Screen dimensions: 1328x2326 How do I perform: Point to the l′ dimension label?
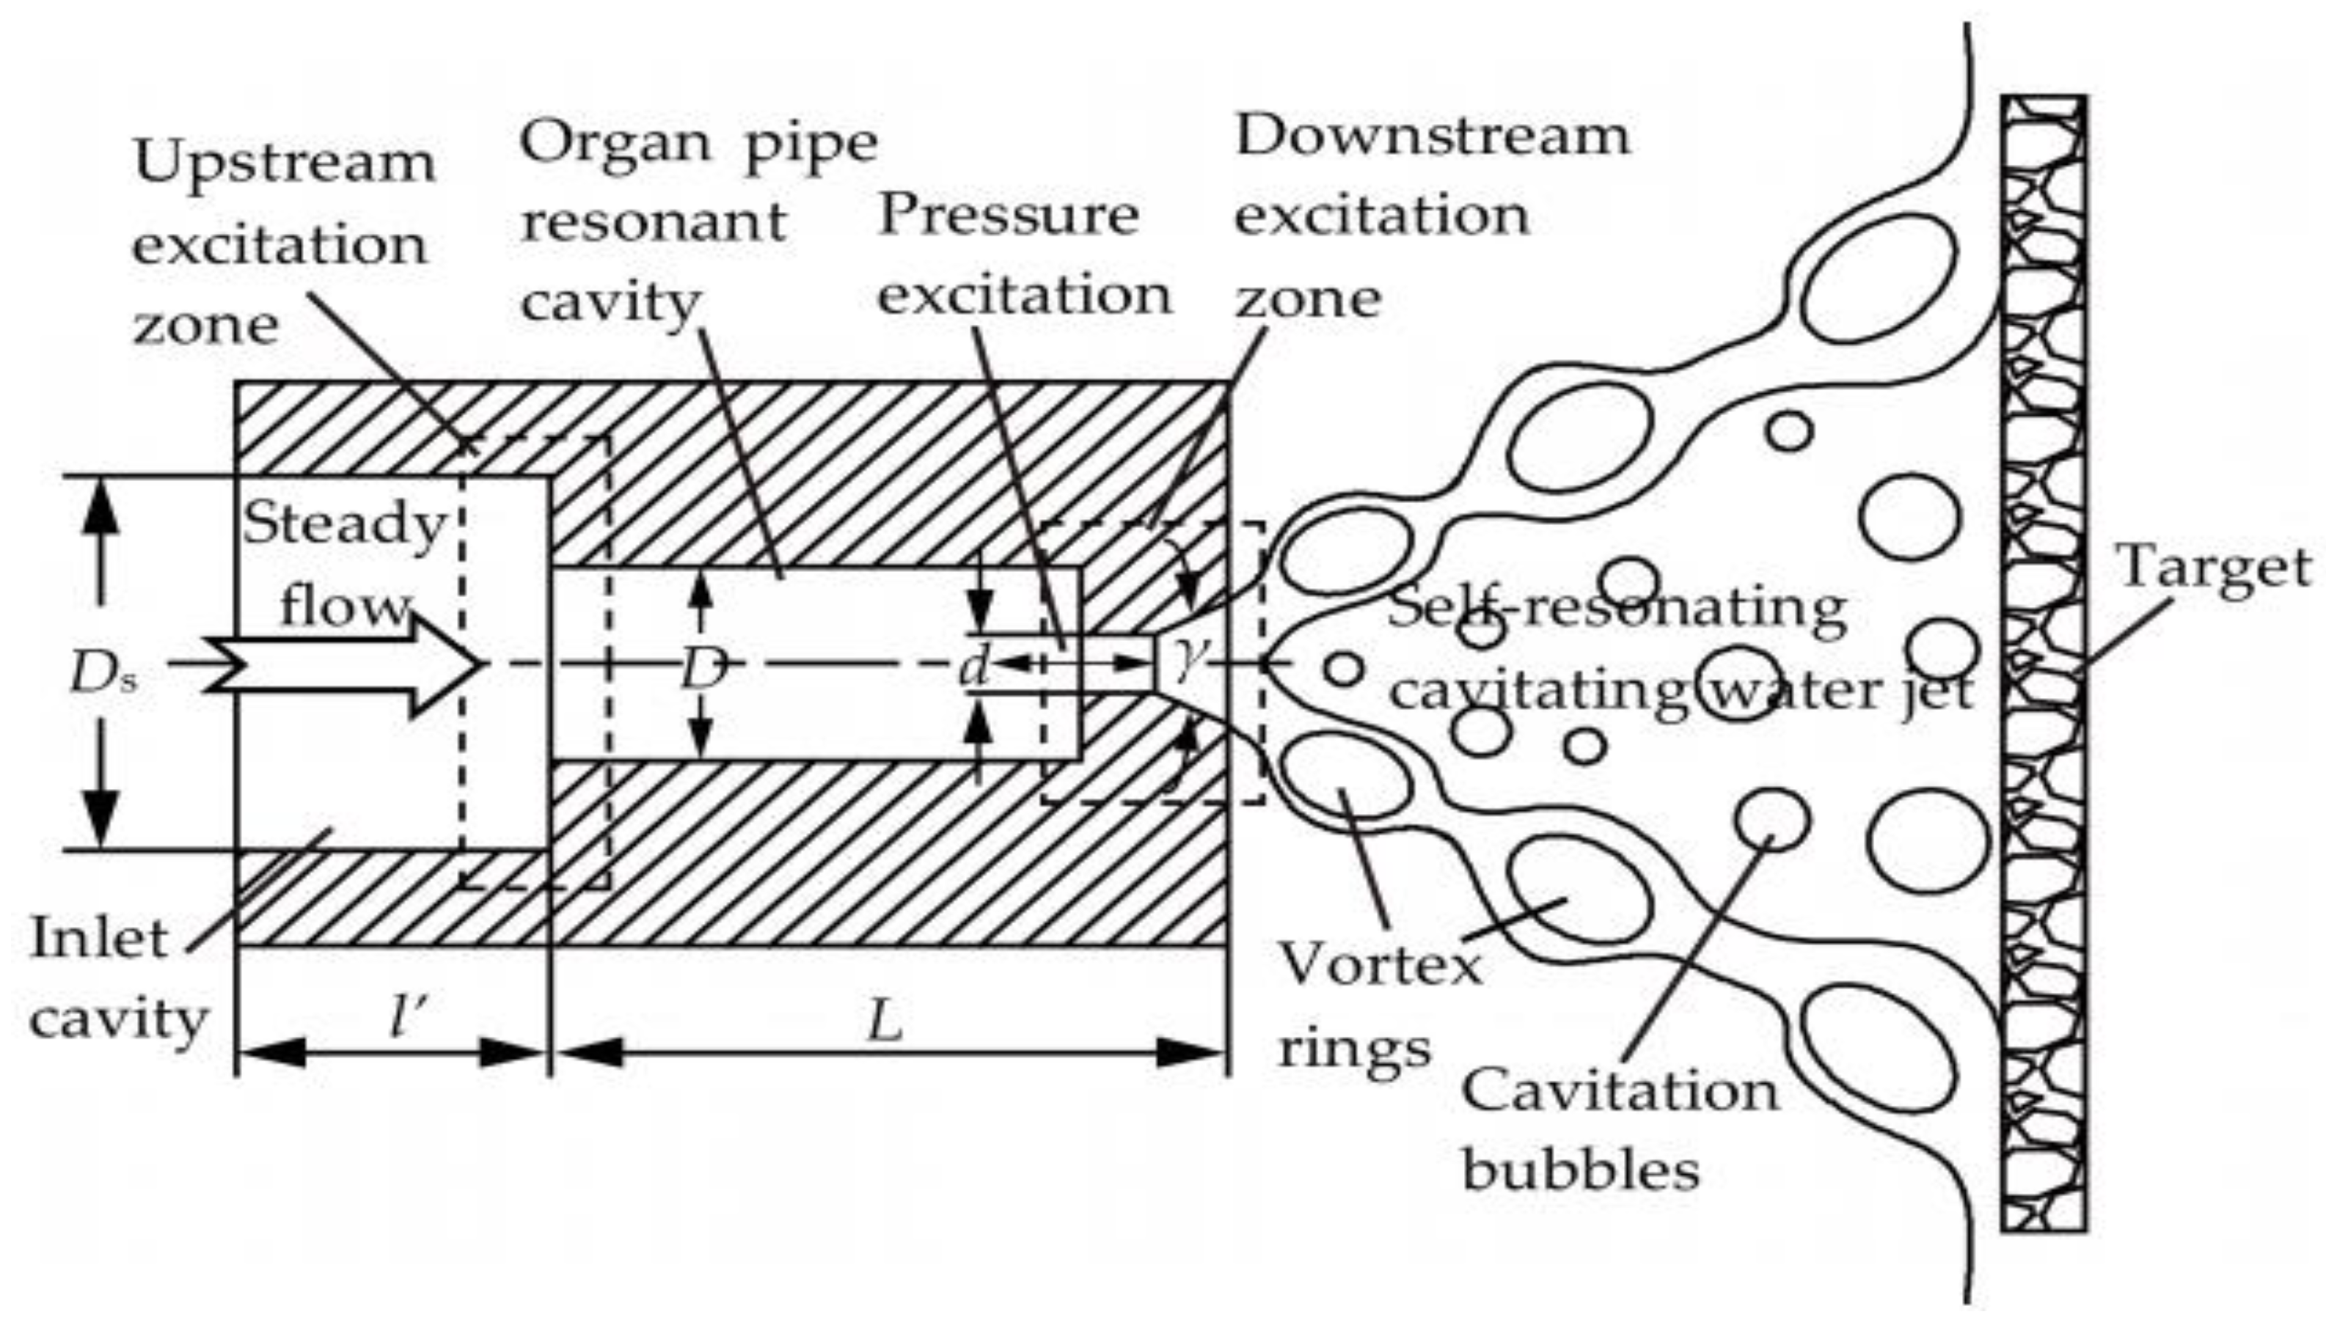pos(406,1019)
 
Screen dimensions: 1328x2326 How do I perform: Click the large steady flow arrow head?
pos(447,664)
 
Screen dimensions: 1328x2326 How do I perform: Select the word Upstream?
pos(284,164)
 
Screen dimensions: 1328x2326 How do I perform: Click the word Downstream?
pos(1431,137)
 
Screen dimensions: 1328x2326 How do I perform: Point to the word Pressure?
pos(1008,216)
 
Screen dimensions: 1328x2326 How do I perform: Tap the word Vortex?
pos(1379,964)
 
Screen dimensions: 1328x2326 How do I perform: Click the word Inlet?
pos(98,939)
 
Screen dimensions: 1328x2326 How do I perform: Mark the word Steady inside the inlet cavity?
pos(344,525)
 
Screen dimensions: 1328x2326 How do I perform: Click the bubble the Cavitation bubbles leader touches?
pos(1771,818)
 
